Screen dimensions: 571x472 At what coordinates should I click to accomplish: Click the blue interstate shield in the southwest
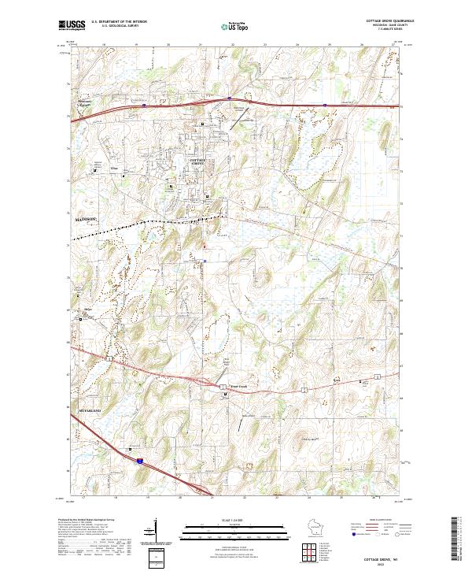139,461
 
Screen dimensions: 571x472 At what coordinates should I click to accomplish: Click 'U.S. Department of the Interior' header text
118,21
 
